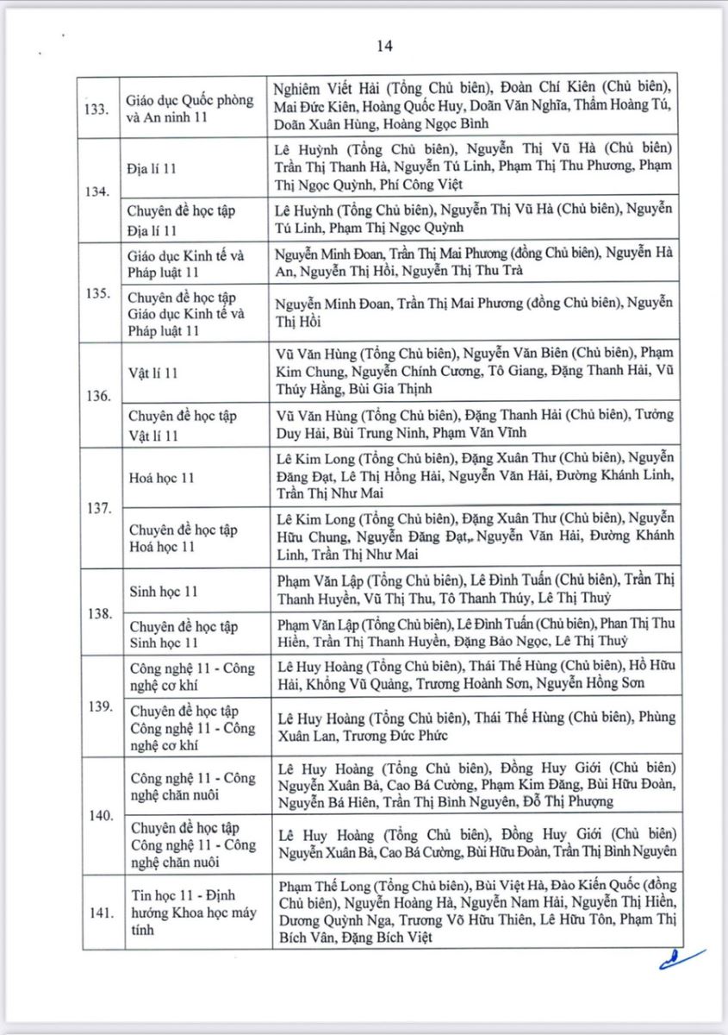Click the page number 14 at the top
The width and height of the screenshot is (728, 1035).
[384, 47]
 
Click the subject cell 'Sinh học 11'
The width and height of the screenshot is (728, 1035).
[163, 593]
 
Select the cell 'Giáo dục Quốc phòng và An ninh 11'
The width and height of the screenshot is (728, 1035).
[190, 110]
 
